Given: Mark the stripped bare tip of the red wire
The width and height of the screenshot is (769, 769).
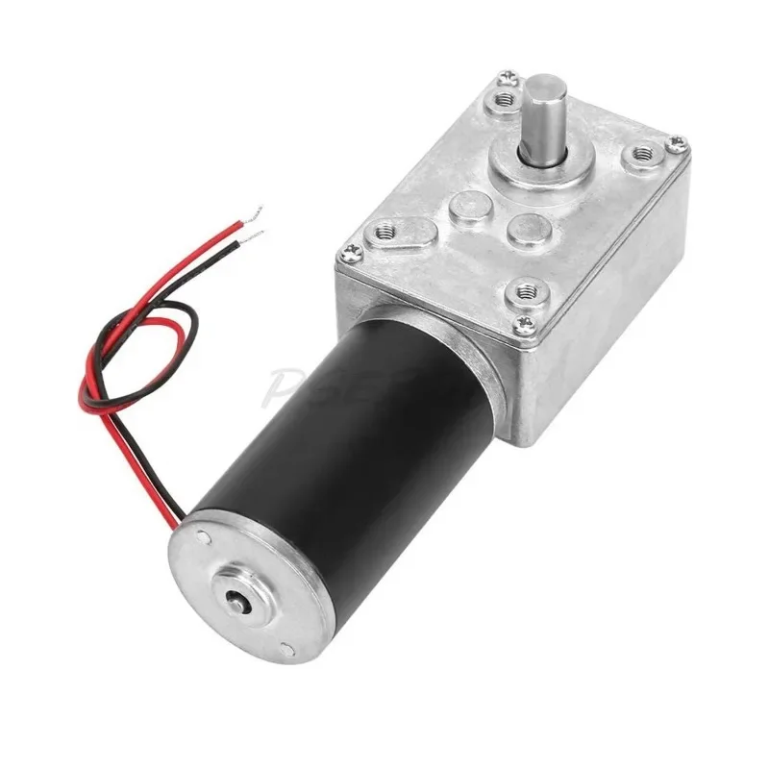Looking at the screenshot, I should coord(256,213).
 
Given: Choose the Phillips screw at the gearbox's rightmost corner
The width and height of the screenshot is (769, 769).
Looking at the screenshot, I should coord(679,143).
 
